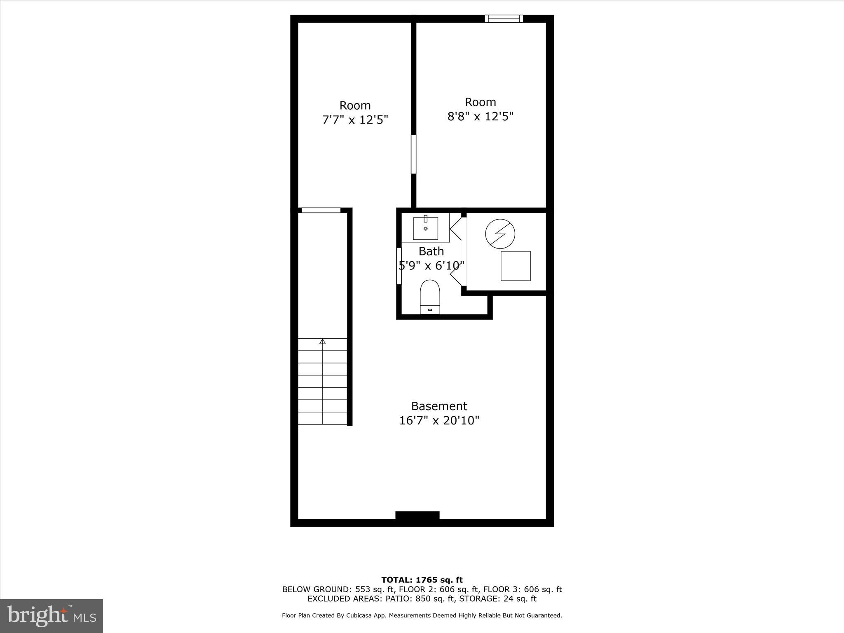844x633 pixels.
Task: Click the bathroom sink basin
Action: pos(425,228)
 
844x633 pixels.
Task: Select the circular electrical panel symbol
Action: pos(500,233)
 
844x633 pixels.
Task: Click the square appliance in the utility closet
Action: pos(516,266)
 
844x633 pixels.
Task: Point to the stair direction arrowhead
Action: pos(323,341)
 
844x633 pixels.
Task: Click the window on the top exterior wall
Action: pos(504,19)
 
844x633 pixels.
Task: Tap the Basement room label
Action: pos(439,406)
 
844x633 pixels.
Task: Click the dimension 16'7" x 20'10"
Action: pos(439,421)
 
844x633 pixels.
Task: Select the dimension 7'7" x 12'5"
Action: pos(355,120)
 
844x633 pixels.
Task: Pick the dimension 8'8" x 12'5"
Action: pos(480,117)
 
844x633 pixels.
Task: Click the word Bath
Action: pos(431,251)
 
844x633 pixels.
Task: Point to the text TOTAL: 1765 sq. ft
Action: pos(422,580)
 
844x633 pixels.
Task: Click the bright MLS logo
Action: pos(52,616)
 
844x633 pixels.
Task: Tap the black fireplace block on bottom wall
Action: pos(417,516)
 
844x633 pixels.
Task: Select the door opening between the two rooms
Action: pos(413,154)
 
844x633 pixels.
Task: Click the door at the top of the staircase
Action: pos(321,210)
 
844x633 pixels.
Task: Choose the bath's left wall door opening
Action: pos(399,266)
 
